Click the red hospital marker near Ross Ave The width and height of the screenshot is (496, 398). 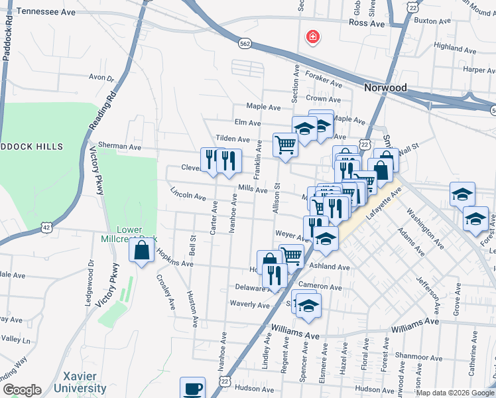311,37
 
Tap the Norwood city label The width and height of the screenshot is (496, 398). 385,88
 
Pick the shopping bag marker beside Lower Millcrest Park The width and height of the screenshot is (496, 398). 142,251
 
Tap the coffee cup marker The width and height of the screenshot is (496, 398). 193,388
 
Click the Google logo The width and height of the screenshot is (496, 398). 22,390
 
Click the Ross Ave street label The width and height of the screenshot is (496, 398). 367,23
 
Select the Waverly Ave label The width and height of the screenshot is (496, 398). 249,305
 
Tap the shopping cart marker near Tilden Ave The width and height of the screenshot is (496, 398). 285,144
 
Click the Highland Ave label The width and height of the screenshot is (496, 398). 462,48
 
